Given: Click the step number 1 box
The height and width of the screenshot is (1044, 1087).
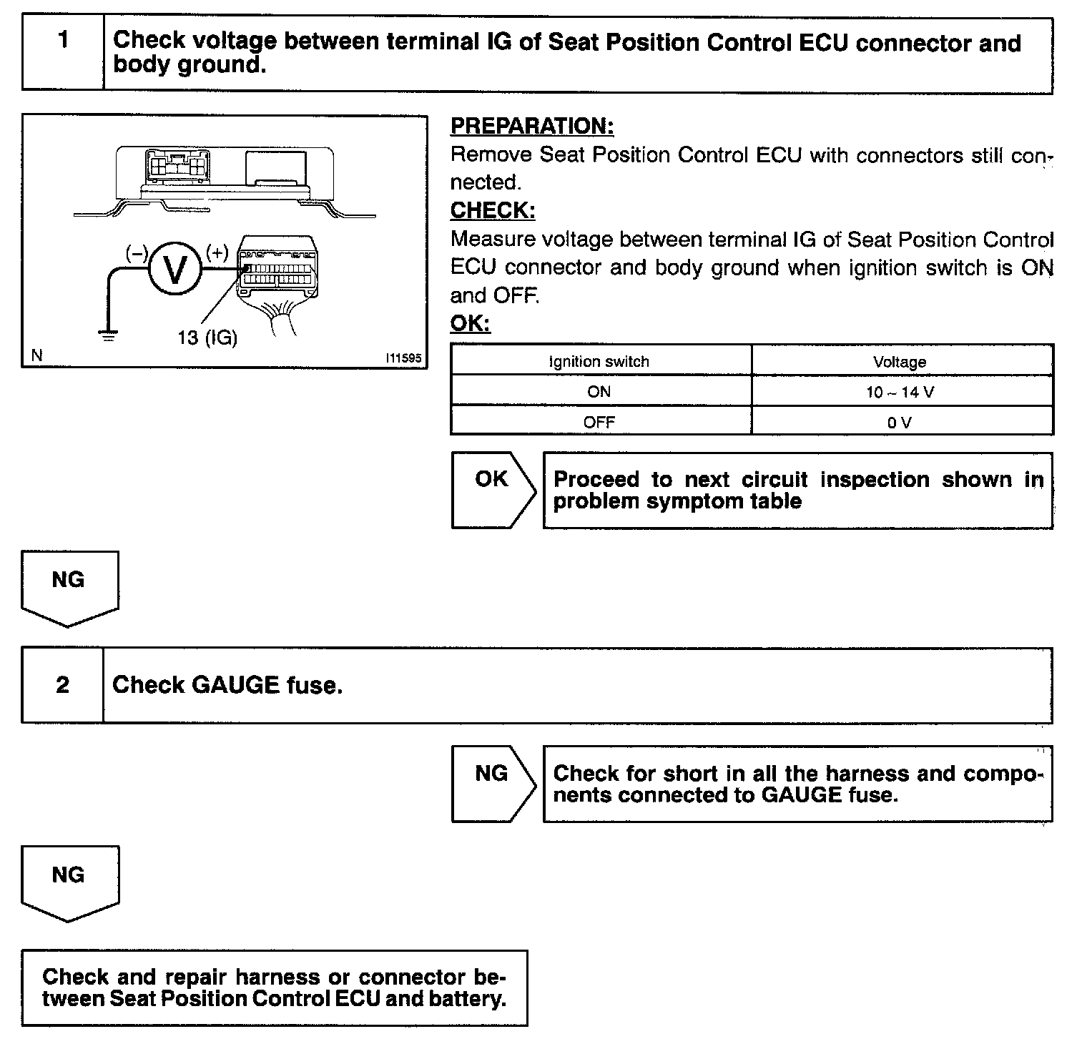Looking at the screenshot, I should coord(63,54).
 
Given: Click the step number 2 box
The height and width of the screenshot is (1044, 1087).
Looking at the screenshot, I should coord(63,685).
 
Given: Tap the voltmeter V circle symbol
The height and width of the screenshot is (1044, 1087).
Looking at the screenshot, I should coord(174,269).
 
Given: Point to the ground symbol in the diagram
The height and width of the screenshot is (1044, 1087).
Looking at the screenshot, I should coord(108,335).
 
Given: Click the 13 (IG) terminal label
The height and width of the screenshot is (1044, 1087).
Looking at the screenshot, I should coord(207,337).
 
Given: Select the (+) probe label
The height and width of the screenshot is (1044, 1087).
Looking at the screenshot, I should coord(217,252).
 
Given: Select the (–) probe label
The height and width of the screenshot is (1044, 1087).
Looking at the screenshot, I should coord(136,252).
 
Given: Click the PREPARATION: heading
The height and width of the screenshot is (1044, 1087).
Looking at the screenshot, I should coord(531,127).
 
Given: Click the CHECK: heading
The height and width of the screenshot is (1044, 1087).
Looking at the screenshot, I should coord(492,211).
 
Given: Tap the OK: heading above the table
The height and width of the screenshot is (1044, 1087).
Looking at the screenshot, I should coord(470,323).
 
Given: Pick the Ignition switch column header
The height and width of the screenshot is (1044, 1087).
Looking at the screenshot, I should coord(599,362).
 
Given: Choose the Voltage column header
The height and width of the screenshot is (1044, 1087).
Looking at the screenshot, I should coord(900,362).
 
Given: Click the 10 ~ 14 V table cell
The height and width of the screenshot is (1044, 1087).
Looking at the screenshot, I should coord(900,392).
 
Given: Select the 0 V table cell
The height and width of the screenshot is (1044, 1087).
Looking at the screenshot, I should coord(900,422).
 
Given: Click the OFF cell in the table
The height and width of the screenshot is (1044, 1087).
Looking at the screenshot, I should coord(599,422).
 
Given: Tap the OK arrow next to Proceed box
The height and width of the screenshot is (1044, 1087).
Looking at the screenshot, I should coord(492,490).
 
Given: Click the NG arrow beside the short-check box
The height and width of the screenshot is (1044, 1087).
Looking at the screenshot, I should coord(492,783).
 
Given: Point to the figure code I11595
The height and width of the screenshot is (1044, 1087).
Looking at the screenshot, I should coord(403,358).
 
